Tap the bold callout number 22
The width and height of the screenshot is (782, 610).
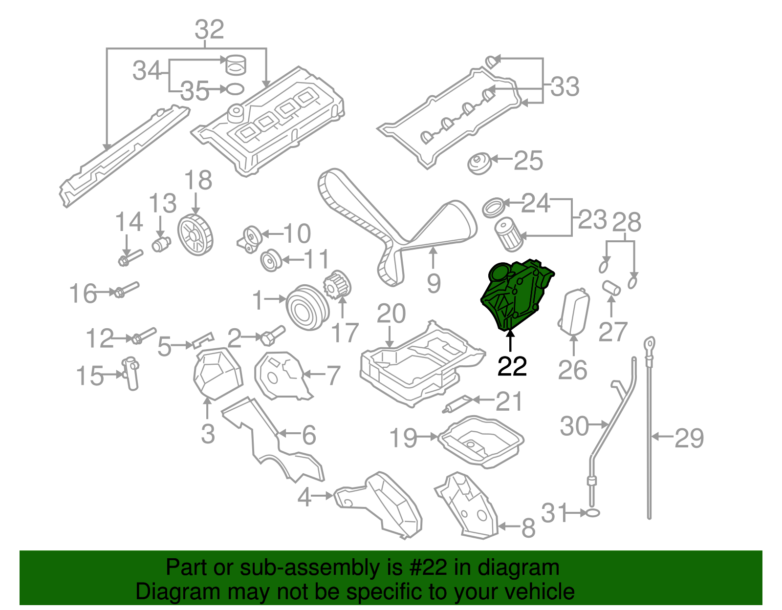coord(512,366)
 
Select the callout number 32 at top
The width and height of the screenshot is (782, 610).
coord(209,30)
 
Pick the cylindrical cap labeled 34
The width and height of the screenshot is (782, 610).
coord(236,64)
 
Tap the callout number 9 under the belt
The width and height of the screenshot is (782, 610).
coord(433,284)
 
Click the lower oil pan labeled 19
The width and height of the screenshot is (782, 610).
coord(481,441)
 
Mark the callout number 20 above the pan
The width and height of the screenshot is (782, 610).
coord(391,314)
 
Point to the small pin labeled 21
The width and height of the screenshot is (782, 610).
coord(457,405)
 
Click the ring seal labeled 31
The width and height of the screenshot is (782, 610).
coord(592,513)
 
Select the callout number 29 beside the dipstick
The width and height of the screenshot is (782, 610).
coord(689,438)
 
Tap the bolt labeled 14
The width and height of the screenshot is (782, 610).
coord(130,257)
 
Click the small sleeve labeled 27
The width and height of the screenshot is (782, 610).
coord(611,287)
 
